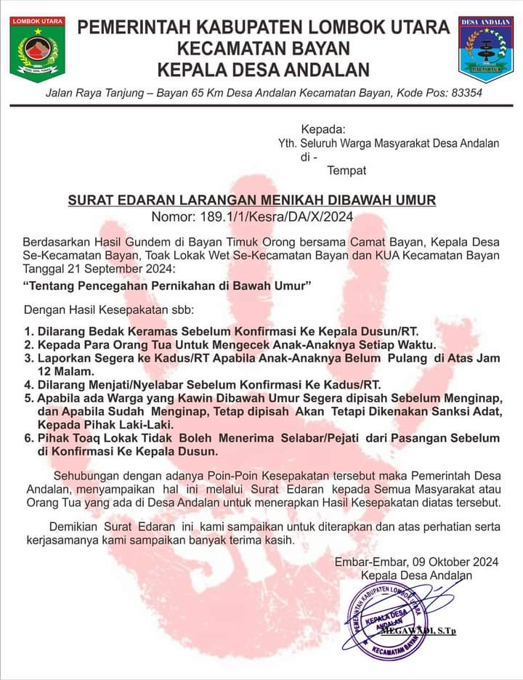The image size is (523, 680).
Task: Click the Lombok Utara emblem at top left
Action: (x=38, y=49)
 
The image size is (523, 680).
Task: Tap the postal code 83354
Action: (x=464, y=94)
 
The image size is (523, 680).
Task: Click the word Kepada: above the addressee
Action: (x=323, y=129)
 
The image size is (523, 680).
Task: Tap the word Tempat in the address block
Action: (x=346, y=171)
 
